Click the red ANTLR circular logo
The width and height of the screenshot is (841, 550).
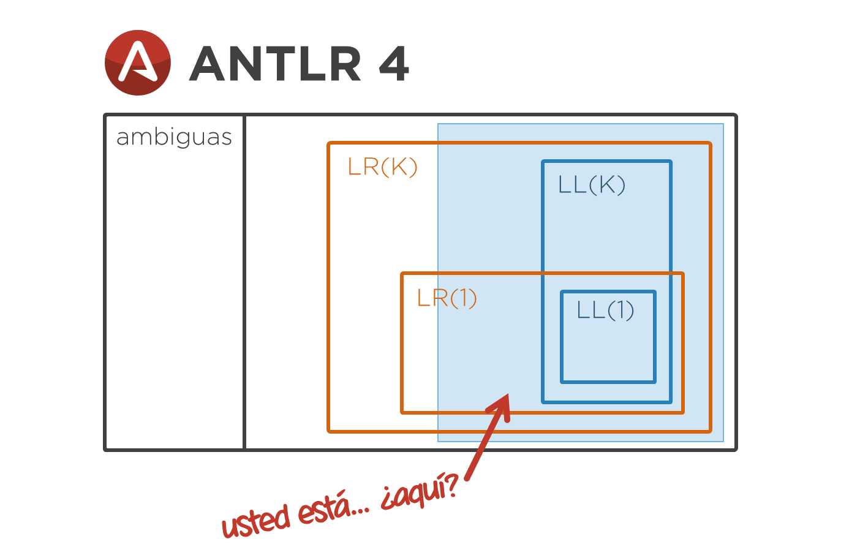[137, 62]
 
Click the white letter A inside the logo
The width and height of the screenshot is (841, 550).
[137, 62]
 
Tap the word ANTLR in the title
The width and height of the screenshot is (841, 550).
[275, 64]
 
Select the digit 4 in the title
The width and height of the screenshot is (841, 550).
[394, 64]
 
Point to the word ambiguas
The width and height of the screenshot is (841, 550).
[174, 137]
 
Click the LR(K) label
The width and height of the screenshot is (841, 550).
[382, 167]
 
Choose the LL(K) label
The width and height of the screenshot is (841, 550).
[592, 185]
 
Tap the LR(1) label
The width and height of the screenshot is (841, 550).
[447, 298]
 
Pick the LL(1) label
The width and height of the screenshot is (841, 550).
[605, 310]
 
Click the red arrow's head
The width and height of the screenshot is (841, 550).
[499, 407]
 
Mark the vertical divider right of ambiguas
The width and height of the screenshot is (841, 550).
[244, 282]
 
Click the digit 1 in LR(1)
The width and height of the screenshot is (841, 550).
[464, 298]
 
